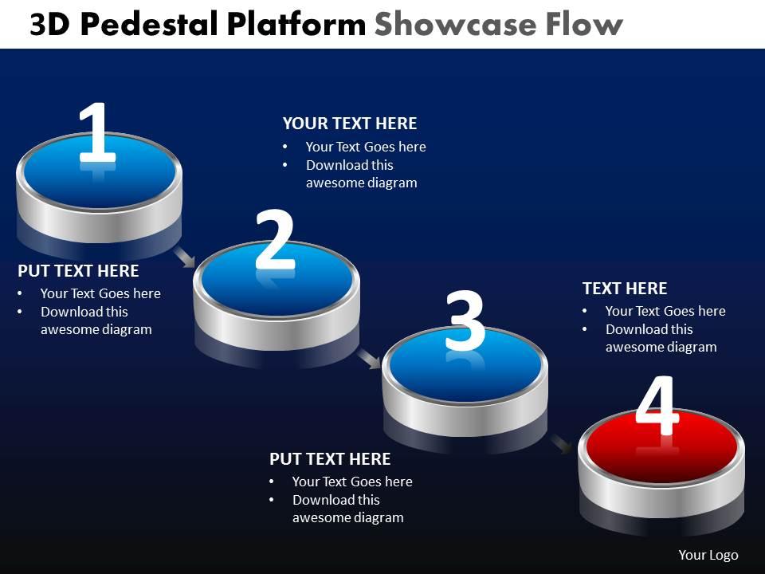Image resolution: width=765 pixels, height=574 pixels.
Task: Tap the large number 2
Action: (275, 239)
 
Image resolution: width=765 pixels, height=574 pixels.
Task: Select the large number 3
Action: (465, 320)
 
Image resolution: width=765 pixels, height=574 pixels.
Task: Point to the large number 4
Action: (657, 405)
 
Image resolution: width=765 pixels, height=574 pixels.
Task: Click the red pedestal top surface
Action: (661, 446)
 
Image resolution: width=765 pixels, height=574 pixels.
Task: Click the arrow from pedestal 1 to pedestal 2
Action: (185, 257)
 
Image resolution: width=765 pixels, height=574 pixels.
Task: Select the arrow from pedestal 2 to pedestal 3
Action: (369, 358)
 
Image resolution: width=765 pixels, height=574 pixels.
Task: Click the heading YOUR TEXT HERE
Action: (350, 124)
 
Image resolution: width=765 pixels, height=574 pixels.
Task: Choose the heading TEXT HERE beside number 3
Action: (625, 289)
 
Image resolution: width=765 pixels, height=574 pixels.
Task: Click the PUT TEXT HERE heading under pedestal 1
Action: (78, 271)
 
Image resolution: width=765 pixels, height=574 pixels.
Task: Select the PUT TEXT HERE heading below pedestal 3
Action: (330, 459)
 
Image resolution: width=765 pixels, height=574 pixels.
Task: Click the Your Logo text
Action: (708, 555)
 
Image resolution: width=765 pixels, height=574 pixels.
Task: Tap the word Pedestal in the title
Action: (149, 25)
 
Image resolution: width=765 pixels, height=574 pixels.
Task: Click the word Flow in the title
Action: (584, 25)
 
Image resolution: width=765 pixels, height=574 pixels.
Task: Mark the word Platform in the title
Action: (296, 25)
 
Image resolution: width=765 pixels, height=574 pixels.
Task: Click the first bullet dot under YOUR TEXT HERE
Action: (285, 147)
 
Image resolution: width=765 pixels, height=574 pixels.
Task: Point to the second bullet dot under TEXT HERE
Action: (584, 329)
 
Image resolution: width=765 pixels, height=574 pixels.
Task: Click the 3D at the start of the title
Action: (49, 25)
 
